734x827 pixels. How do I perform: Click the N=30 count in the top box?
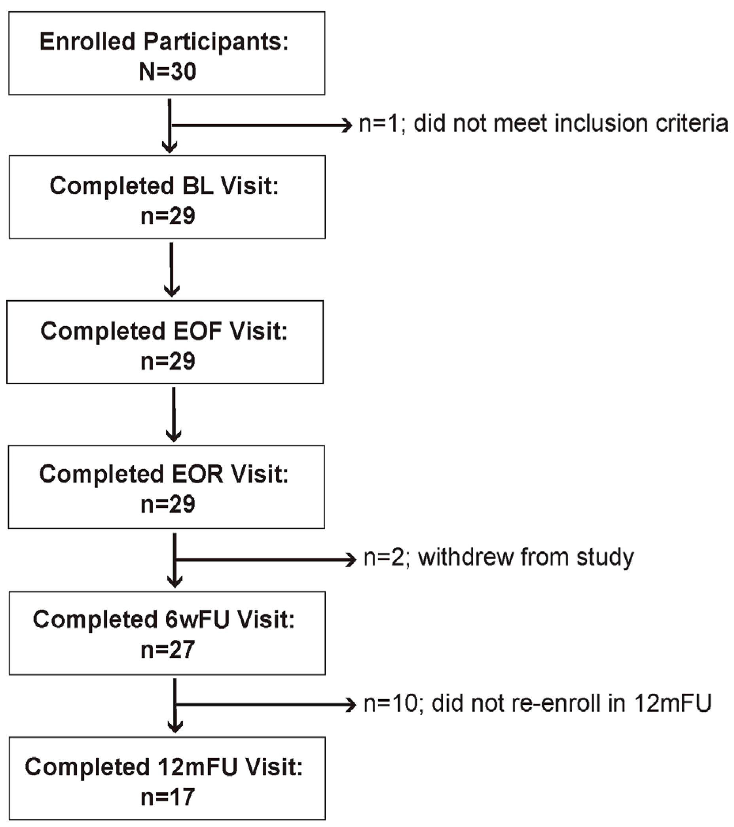pyautogui.click(x=168, y=72)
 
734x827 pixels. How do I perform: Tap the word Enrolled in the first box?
pyautogui.click(x=87, y=42)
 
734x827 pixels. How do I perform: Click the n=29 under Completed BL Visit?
pyautogui.click(x=168, y=216)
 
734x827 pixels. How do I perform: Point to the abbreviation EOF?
pyautogui.click(x=197, y=331)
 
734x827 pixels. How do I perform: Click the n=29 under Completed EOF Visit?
pyautogui.click(x=168, y=361)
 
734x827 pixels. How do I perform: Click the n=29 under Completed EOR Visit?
pyautogui.click(x=168, y=505)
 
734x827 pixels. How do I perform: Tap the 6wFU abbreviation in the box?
pyautogui.click(x=197, y=619)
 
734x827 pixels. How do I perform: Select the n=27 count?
pyautogui.click(x=168, y=650)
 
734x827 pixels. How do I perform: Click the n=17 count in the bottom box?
pyautogui.click(x=168, y=797)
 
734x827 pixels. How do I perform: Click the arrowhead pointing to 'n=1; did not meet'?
pyautogui.click(x=347, y=125)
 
